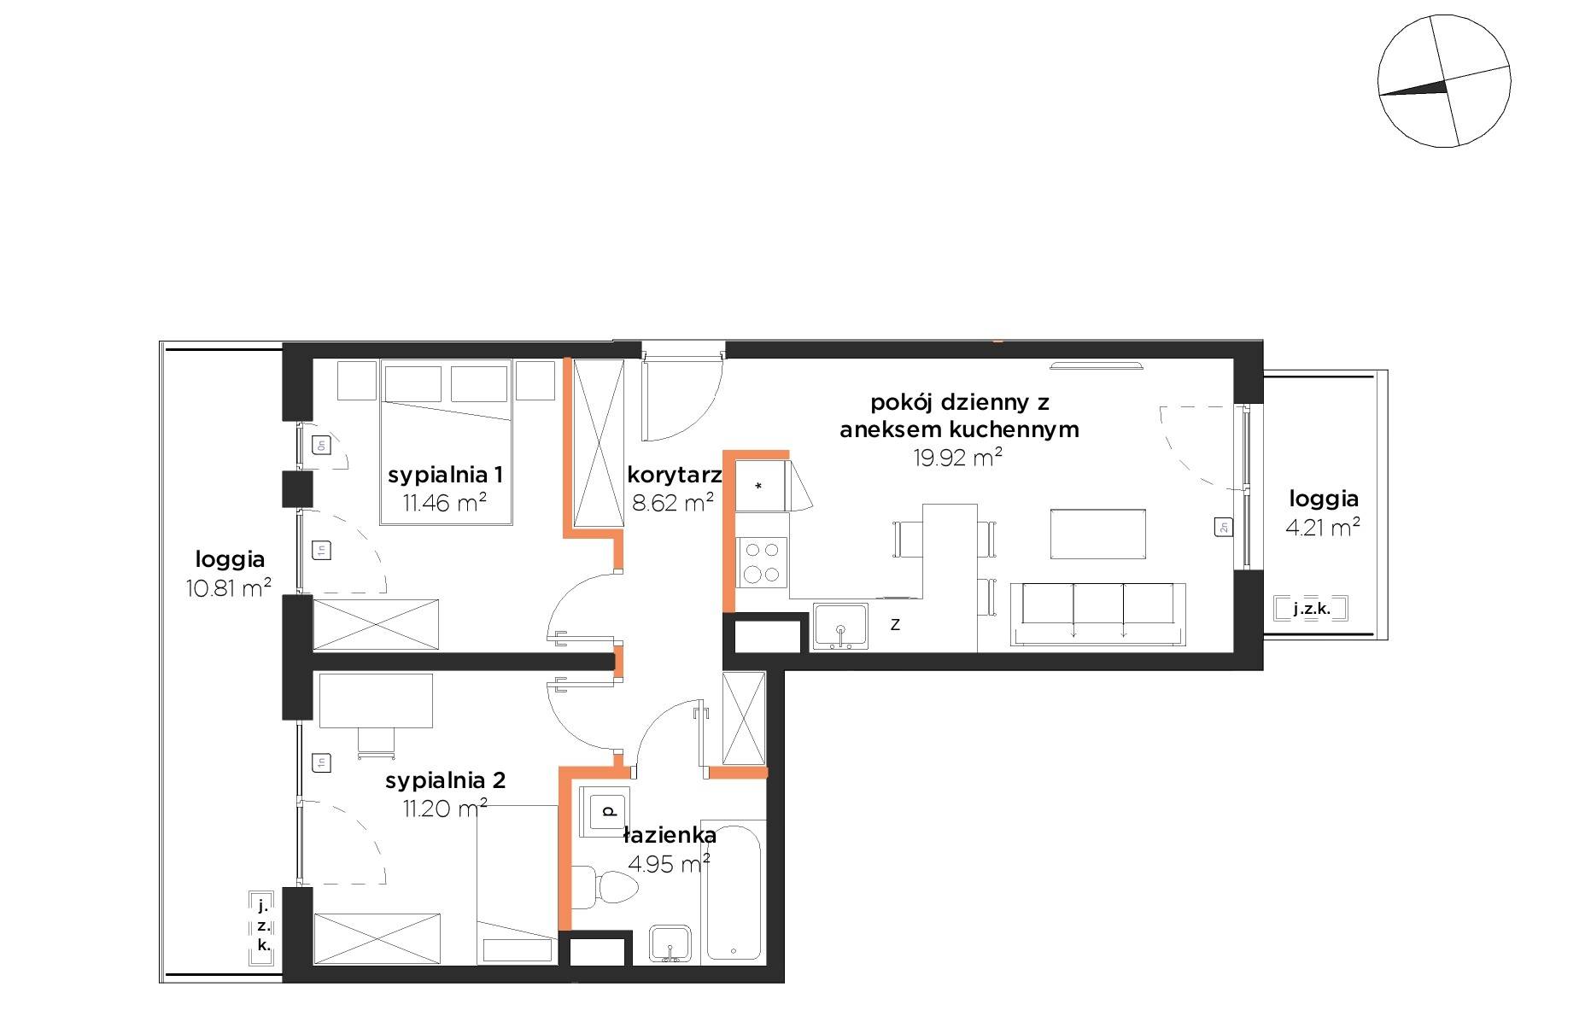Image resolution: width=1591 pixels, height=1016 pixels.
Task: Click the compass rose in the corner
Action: pos(1444,80)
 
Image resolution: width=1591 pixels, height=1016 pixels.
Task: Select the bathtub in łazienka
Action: pos(734,892)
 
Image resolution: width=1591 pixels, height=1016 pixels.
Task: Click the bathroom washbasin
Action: pos(672,943)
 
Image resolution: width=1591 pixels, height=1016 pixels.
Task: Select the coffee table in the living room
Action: pos(1097,534)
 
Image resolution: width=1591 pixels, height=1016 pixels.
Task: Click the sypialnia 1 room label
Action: pos(445,475)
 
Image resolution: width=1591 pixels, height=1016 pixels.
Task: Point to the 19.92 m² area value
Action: pos(957,458)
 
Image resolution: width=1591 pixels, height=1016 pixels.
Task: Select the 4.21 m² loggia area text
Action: pos(1323,528)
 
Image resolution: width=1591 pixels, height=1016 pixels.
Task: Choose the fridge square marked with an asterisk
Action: pos(759,487)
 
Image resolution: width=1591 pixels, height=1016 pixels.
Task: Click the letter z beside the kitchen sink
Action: pos(895,625)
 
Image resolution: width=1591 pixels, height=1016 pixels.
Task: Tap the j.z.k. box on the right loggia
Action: pos(1312,610)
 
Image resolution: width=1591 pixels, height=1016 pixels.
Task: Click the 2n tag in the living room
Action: pos(1223,528)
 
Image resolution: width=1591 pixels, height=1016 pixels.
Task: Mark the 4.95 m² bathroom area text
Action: pos(670,865)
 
